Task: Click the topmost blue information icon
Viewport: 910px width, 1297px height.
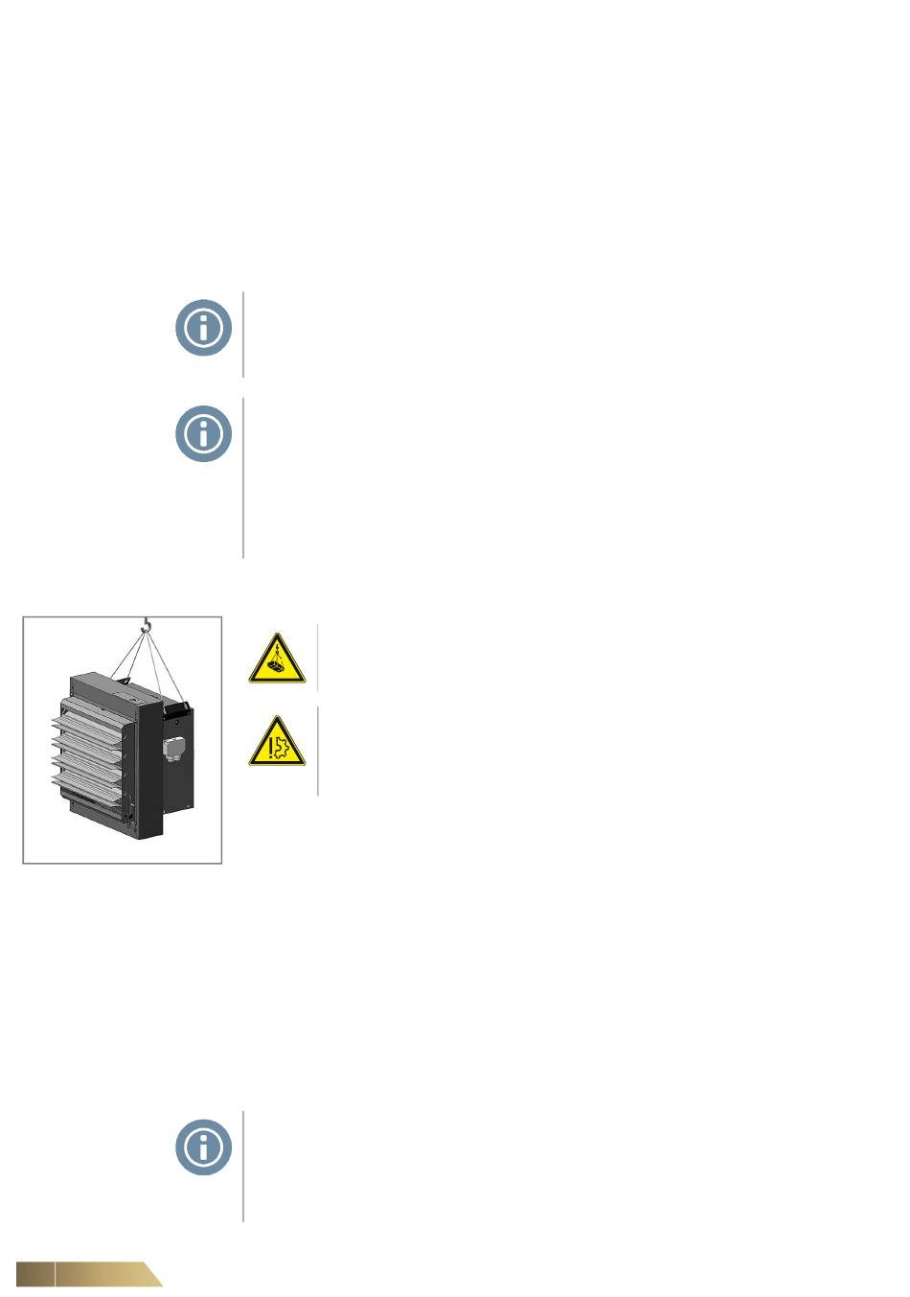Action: coord(203,328)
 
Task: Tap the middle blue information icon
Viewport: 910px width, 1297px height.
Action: coord(203,433)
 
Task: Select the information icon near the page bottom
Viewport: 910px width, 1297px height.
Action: coord(203,1146)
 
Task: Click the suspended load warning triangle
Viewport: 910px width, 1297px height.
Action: coord(277,660)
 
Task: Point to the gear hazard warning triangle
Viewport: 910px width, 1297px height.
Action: coord(277,743)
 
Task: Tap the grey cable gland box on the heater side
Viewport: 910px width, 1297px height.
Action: coord(176,746)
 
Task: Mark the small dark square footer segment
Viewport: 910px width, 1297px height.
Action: coord(34,1274)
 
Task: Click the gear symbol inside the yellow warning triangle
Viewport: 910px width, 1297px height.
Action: coord(281,746)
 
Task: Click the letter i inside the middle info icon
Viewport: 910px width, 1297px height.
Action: coord(203,433)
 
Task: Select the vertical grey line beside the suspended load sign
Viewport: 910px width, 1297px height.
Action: coord(317,658)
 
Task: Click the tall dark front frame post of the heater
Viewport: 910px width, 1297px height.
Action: coord(148,767)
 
